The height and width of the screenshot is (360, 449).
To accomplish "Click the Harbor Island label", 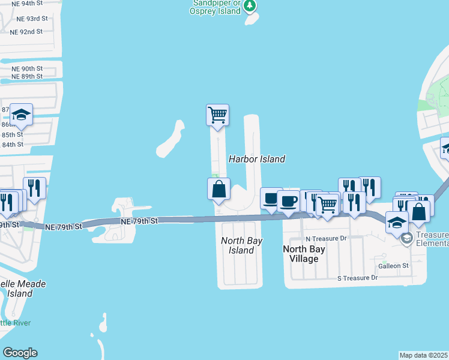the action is pos(256,159).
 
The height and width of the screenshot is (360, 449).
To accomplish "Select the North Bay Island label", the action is pos(242,245).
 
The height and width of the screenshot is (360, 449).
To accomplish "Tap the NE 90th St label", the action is pos(27,68).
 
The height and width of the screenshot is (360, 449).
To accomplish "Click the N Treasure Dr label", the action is pos(327,238).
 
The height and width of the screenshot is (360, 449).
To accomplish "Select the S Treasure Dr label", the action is pos(357,278).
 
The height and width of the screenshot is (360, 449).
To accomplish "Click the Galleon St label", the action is pos(393,265).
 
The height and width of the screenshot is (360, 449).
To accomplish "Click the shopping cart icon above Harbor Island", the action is pos(217,113).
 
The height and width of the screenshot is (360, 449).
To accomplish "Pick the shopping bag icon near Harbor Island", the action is pos(218,188).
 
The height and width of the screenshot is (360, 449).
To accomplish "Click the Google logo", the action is pos(20,353).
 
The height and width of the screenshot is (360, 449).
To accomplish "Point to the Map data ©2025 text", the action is pos(424,355).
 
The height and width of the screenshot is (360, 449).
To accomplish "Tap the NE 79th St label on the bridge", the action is pos(139,221).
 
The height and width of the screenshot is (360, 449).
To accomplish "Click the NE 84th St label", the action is pos(13,144).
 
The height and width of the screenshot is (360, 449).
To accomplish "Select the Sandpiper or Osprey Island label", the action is pos(217,6).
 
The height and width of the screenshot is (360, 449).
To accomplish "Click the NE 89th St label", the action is pos(27,76).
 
